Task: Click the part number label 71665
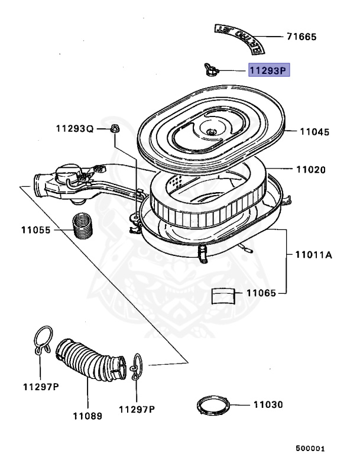301,37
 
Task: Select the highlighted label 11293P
268,72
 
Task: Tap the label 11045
315,132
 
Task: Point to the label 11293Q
75,128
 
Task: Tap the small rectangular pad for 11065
223,294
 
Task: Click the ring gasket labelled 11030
213,407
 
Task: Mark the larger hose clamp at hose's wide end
42,341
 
